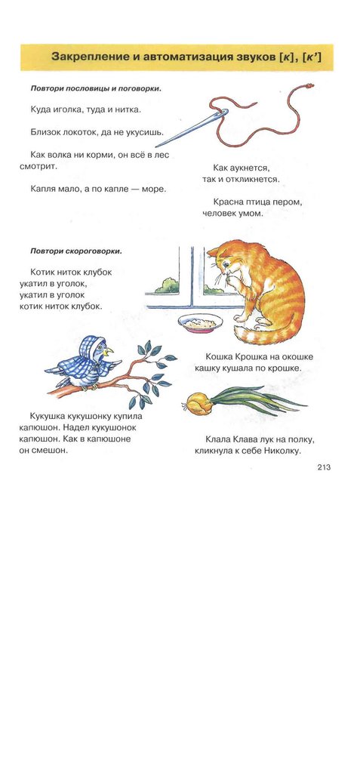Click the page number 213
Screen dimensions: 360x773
(x=324, y=468)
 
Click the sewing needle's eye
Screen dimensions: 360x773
(x=223, y=114)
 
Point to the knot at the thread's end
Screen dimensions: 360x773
(x=309, y=86)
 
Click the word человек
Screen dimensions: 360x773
(x=220, y=214)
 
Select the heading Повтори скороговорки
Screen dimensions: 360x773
(x=75, y=251)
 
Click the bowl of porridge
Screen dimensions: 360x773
(x=200, y=323)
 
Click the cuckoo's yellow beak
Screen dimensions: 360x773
(x=109, y=352)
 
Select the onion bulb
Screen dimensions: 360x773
(x=198, y=403)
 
